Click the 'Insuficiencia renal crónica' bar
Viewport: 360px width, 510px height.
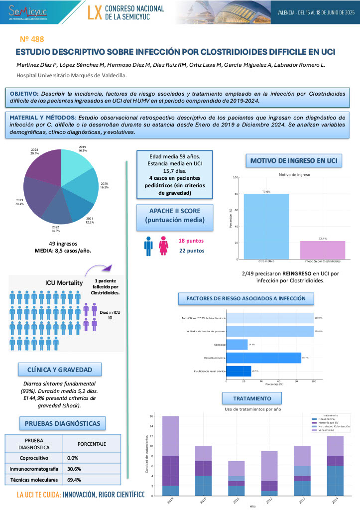pyautogui.click(x=239, y=371)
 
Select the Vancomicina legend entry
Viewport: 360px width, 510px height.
pyautogui.click(x=334, y=430)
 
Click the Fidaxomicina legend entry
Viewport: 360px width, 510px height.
pyautogui.click(x=335, y=419)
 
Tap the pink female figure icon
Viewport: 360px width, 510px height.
pyautogui.click(x=163, y=246)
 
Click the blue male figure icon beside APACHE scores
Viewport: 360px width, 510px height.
pyautogui.click(x=148, y=246)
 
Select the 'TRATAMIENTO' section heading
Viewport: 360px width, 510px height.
pyautogui.click(x=252, y=398)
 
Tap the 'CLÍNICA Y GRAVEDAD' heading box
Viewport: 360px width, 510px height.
pyautogui.click(x=60, y=369)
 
